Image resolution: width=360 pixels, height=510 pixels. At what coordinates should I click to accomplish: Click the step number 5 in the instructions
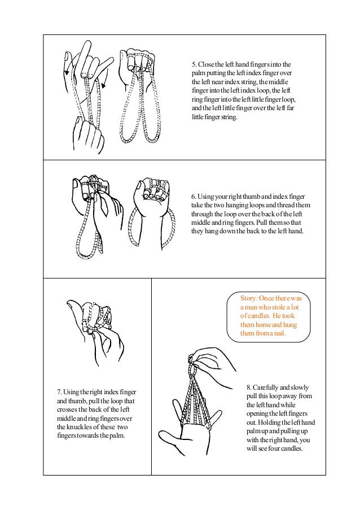click(194, 64)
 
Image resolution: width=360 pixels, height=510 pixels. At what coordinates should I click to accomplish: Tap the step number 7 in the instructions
click(59, 392)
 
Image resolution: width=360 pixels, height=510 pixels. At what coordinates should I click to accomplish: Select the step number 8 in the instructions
click(248, 388)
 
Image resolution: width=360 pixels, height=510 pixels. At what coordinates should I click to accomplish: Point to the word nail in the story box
click(278, 334)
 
